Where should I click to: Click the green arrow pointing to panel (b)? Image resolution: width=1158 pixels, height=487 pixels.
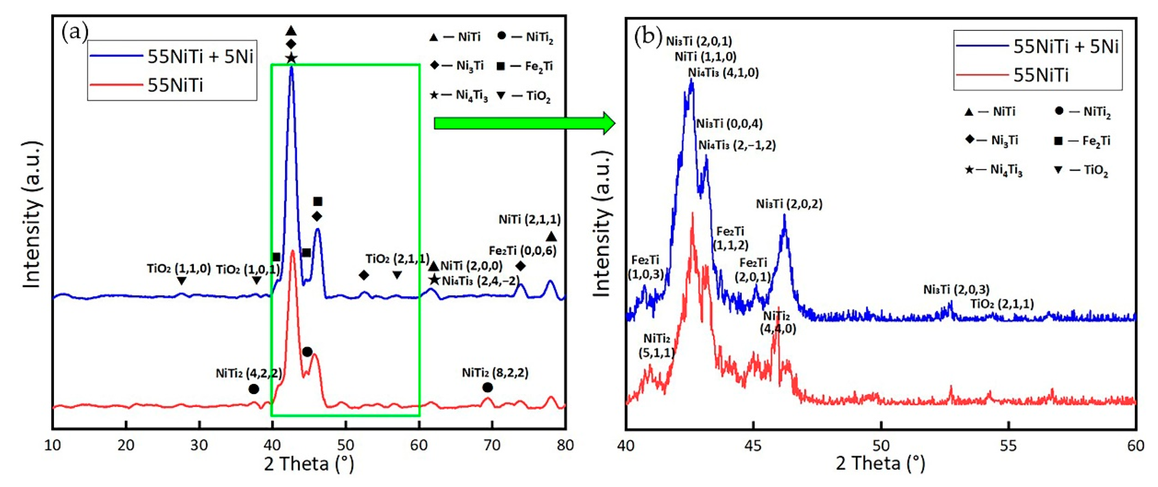524,123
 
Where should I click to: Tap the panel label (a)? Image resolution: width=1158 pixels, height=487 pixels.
75,32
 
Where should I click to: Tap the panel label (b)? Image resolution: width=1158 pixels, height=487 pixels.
648,36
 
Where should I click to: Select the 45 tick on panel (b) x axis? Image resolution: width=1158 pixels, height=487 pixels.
753,445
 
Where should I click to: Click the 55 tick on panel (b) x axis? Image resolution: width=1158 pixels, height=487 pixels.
1008,445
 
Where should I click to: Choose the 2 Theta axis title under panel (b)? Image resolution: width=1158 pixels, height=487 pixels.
880,463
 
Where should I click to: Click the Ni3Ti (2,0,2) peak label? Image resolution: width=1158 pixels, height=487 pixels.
789,204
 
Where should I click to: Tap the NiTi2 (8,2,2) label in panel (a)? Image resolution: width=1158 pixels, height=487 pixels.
495,372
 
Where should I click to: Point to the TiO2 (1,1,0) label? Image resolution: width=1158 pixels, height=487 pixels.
178,269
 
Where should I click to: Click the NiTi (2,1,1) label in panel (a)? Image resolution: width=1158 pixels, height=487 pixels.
530,219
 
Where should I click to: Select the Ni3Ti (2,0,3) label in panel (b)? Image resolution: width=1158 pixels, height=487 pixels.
956,289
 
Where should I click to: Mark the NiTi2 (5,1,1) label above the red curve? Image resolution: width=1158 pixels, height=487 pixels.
656,345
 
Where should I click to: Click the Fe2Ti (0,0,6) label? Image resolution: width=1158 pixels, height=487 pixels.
522,251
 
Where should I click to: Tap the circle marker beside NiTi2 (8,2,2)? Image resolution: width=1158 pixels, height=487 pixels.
487,387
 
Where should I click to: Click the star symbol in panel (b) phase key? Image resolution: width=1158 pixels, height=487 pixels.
969,170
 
